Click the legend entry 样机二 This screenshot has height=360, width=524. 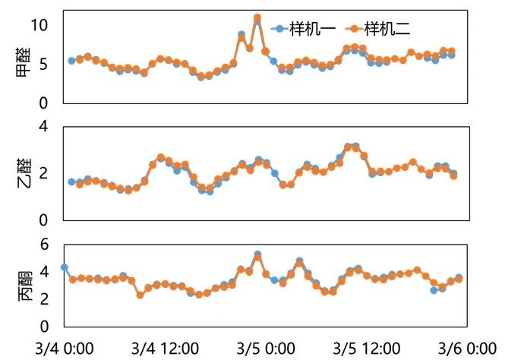coord(388,28)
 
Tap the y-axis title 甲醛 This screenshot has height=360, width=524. coord(24,66)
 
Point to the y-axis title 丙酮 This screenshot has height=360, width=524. coord(24,286)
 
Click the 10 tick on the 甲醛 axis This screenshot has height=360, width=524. coord(39,24)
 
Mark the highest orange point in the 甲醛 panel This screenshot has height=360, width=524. coord(257,17)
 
